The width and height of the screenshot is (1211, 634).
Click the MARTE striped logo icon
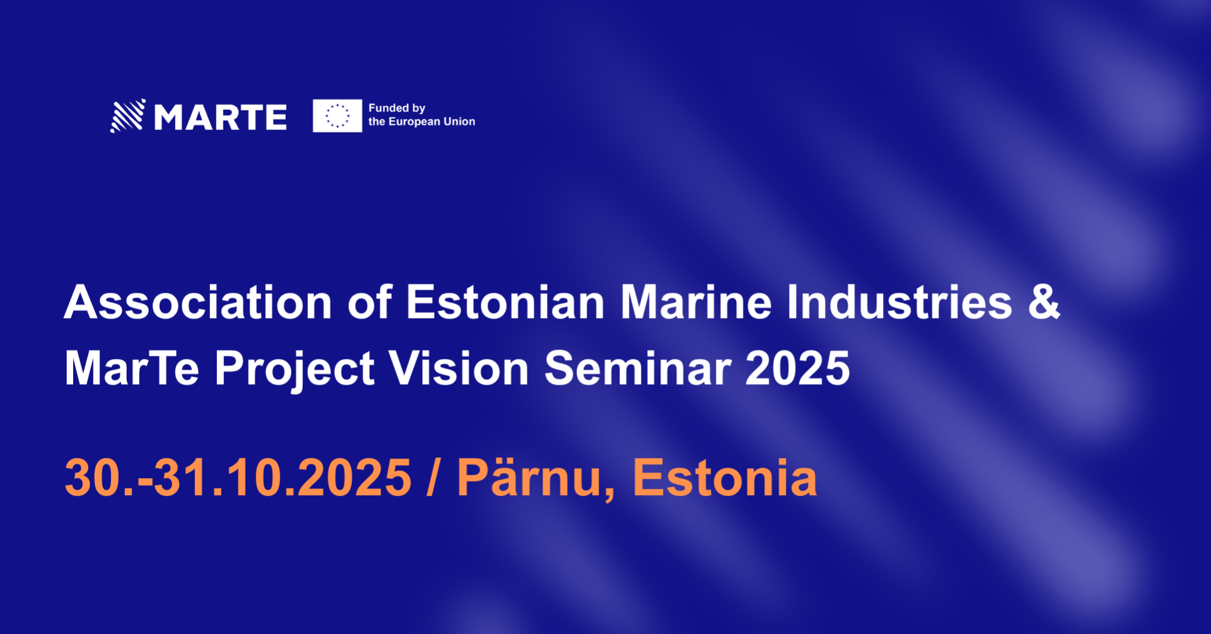click(128, 115)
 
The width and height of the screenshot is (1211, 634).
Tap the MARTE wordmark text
click(221, 117)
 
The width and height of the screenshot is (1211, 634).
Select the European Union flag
click(337, 115)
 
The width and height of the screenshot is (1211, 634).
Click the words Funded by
click(397, 109)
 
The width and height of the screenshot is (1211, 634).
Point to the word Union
click(459, 122)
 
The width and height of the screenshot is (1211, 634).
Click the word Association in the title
click(198, 302)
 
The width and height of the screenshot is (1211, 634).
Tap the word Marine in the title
click(696, 302)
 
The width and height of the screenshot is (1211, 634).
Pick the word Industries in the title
click(899, 302)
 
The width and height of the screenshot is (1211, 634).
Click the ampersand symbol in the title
click(1044, 302)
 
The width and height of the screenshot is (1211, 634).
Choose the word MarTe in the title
click(132, 368)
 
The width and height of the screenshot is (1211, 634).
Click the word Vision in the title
click(459, 368)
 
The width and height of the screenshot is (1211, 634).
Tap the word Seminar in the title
click(638, 368)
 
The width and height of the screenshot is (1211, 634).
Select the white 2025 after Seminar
click(798, 368)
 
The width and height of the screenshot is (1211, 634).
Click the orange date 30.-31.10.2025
click(238, 478)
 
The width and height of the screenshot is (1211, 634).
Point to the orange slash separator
click(433, 478)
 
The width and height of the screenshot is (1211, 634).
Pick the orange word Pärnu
click(535, 478)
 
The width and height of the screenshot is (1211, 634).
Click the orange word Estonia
click(725, 478)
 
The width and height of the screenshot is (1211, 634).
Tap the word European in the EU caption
click(414, 122)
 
